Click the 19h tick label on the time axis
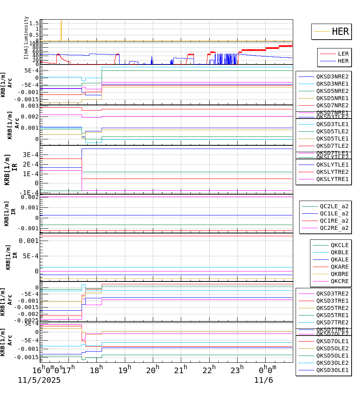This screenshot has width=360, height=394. [125, 369]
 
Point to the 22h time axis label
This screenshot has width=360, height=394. [209, 369]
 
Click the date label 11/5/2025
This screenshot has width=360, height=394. [39, 380]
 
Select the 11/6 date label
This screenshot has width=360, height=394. [264, 380]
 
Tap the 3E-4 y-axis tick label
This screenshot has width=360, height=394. [30, 155]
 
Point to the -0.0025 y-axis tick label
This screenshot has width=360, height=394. [26, 320]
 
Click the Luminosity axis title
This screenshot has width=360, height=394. [26, 28]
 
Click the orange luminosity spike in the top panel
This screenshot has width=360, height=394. [61, 30]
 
